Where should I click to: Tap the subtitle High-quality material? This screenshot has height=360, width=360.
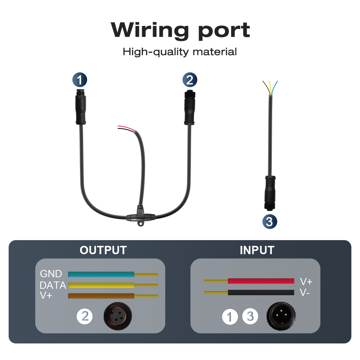tap(180, 51)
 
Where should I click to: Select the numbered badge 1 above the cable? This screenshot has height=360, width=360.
tap(80, 80)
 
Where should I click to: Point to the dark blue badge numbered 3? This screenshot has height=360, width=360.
tap(270, 221)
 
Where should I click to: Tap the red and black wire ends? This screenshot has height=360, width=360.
tap(126, 129)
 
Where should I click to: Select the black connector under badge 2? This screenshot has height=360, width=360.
tap(190, 108)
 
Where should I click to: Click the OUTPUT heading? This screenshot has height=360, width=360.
tap(103, 250)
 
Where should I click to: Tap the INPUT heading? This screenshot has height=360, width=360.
tap(257, 250)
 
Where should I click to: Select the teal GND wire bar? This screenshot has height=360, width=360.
tap(101, 274)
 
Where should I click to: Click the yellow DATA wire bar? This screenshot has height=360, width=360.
tap(101, 285)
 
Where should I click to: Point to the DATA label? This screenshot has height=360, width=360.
tap(53, 285)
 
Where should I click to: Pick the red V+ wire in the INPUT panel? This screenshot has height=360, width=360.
tap(261, 281)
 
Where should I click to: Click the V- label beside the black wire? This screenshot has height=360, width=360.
tap(305, 292)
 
